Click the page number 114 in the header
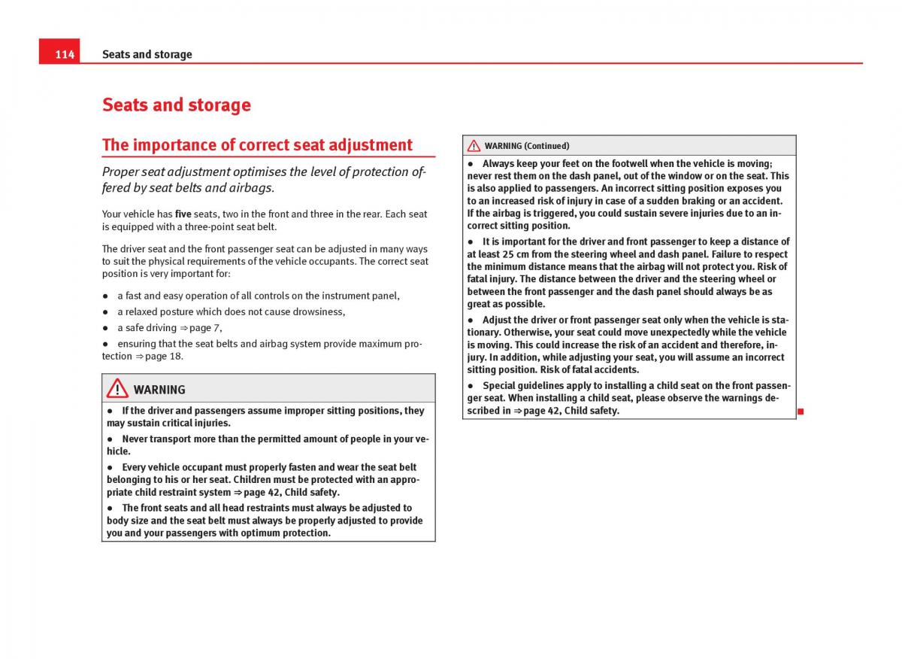point(65,54)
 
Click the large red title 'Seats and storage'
point(176,105)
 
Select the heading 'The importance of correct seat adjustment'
point(257,145)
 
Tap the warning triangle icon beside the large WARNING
point(117,389)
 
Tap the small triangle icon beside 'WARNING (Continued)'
point(474,146)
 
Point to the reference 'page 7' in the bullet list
point(204,328)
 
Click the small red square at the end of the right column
point(801,411)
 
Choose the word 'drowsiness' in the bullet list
point(320,312)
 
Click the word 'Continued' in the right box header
point(546,146)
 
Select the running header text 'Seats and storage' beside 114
point(147,54)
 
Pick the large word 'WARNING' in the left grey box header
point(159,390)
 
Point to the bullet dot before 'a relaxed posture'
point(106,312)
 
